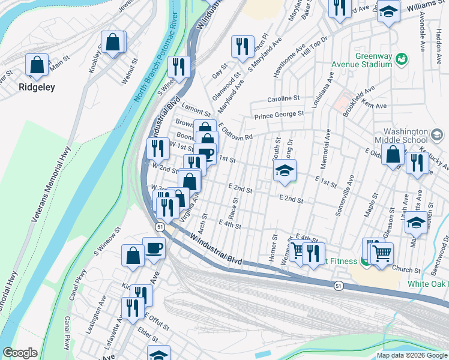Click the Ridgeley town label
tap(37, 87)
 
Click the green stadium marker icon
tap(402, 59)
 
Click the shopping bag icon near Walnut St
tap(113, 43)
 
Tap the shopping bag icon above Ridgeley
tap(37, 65)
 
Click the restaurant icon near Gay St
tap(243, 47)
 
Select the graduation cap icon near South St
tap(285, 170)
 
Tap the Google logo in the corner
tap(20, 353)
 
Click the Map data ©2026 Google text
tap(412, 355)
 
